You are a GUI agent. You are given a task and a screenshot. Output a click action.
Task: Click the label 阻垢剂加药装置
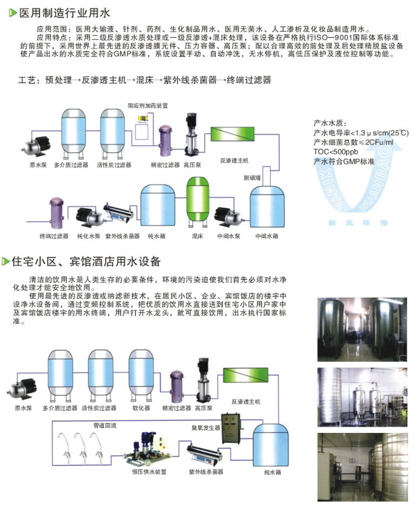(148, 106)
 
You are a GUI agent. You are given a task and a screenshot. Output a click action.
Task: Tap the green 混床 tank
(197, 203)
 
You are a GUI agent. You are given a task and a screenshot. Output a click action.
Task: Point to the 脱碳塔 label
(252, 178)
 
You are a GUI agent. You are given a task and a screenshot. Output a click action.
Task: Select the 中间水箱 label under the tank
(267, 236)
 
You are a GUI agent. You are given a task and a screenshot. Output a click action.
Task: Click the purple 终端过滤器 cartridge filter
(56, 212)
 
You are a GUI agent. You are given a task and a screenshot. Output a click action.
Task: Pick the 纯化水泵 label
(88, 236)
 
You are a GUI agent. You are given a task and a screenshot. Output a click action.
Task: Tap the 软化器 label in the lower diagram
(142, 408)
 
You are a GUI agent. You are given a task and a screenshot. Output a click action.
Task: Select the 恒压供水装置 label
(150, 472)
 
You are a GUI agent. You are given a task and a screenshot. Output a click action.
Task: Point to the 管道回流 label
(105, 426)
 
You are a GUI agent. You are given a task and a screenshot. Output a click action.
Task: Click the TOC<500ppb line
(336, 152)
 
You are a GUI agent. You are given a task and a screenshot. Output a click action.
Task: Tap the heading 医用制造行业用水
(65, 13)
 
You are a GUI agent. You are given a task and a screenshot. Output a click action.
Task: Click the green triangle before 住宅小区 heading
(6, 262)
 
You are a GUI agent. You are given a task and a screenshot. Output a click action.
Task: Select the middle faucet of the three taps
(82, 448)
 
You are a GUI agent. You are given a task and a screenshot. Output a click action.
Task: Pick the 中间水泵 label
(229, 236)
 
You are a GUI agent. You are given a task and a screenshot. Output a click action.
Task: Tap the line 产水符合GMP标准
(344, 162)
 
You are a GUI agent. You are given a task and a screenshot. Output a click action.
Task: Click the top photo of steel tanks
(362, 329)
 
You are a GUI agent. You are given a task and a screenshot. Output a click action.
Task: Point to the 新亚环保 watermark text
(358, 223)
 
